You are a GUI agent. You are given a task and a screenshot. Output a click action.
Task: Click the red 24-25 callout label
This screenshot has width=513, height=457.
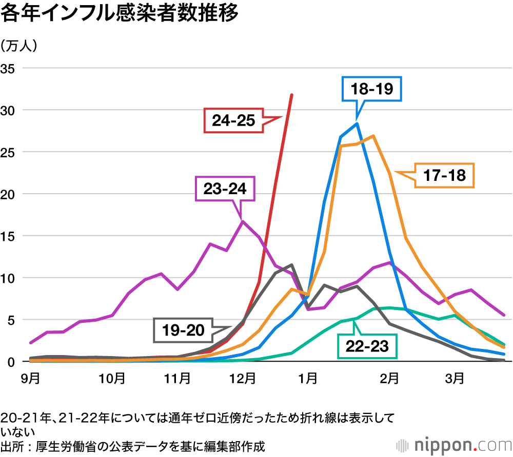click(233, 121)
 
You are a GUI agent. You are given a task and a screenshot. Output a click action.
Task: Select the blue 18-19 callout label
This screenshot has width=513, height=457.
click(372, 89)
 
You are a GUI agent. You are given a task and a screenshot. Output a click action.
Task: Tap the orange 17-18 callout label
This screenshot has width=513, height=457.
click(445, 175)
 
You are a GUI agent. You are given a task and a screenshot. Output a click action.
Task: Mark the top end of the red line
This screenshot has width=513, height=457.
click(291, 95)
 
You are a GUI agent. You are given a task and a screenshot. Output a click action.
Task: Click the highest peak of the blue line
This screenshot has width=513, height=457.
click(357, 123)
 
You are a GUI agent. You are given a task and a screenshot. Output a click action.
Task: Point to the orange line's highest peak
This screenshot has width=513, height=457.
click(373, 136)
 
